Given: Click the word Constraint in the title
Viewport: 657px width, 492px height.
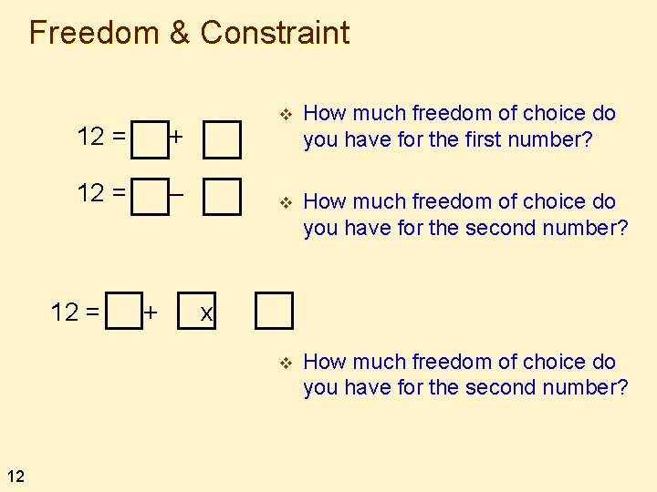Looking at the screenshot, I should [x=275, y=33].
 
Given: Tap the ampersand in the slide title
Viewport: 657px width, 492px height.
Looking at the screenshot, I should [x=180, y=33].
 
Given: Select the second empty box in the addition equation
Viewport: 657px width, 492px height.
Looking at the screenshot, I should [x=223, y=138].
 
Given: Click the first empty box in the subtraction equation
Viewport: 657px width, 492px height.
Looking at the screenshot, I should [x=151, y=196].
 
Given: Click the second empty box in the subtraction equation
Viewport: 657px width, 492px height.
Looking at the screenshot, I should [x=223, y=196].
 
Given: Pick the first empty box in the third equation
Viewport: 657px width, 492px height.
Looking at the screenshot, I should [x=124, y=310].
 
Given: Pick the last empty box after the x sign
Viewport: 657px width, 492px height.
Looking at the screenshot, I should [x=274, y=310].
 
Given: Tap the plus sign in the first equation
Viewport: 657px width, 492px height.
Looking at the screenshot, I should [x=176, y=138].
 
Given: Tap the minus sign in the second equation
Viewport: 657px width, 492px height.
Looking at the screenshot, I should [x=178, y=192].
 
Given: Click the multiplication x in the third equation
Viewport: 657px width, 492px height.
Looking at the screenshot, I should [x=207, y=313].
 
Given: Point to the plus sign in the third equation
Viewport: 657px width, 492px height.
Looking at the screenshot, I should [x=151, y=313].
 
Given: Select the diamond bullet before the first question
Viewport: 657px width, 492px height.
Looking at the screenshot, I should [x=285, y=114].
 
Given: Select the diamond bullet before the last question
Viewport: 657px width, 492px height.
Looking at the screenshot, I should [x=285, y=363].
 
